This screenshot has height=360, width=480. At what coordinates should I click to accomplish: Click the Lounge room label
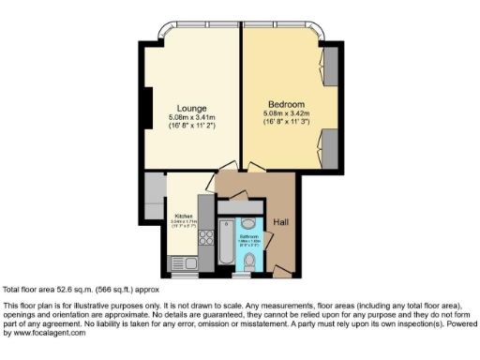pos(193,107)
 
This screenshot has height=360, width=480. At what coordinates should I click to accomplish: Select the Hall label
pos(281,222)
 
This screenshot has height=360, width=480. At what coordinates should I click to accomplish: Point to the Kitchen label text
pos(183,215)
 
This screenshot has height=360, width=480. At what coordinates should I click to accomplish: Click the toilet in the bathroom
pos(247,266)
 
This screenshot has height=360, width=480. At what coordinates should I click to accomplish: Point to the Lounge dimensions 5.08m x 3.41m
pos(193,117)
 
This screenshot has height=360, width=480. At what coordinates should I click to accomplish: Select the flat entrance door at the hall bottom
pos(282,272)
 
